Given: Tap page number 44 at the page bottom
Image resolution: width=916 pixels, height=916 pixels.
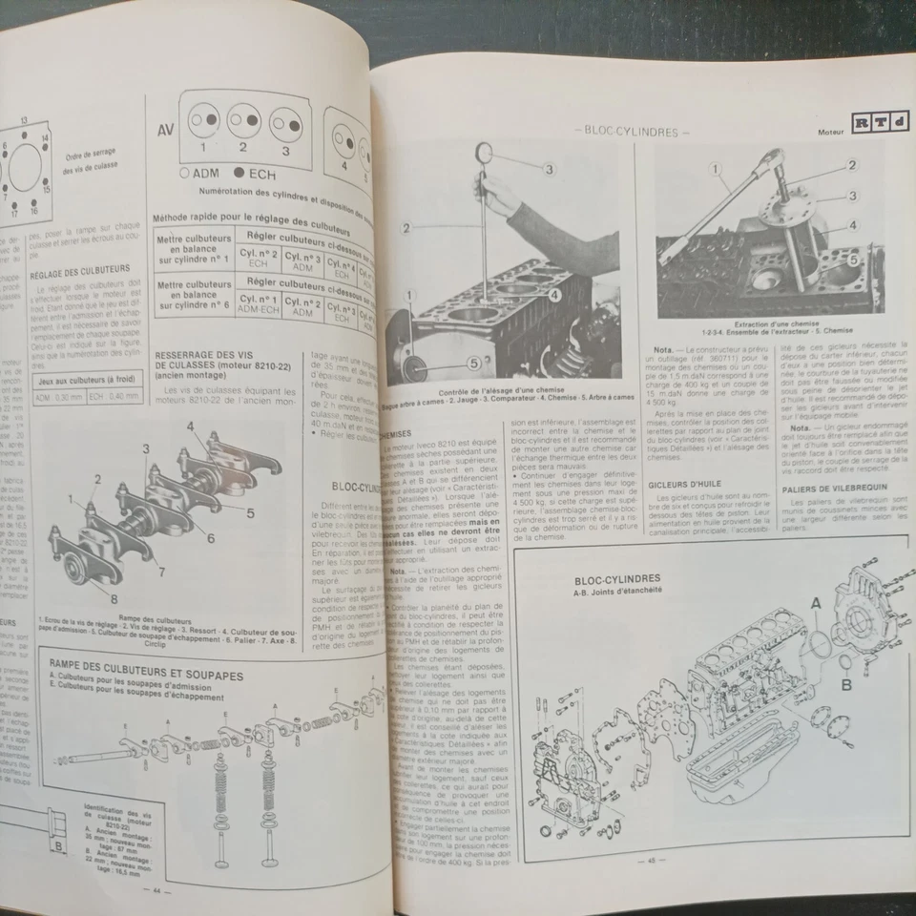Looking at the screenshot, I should click(155, 889).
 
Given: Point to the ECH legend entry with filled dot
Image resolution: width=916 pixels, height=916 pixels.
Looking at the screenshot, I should click(249, 175).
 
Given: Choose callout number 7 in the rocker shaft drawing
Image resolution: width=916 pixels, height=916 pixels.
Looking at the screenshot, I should click(162, 572).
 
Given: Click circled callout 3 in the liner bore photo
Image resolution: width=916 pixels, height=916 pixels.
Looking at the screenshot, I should click(549, 169).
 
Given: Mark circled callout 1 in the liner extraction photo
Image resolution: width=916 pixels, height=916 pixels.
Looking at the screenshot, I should click(714, 169).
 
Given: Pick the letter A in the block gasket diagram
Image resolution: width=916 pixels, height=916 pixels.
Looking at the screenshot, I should click(815, 602).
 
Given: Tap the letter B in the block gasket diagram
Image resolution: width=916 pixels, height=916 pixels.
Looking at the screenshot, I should click(845, 683).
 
